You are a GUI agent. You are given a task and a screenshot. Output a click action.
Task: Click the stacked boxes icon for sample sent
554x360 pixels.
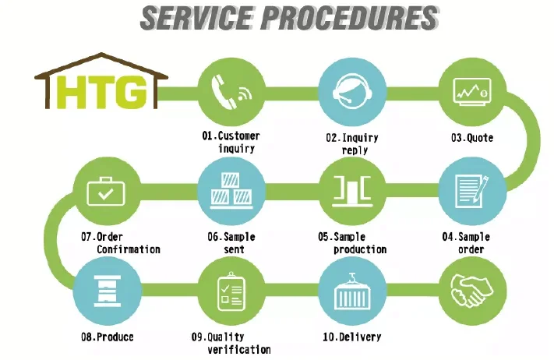(229, 189)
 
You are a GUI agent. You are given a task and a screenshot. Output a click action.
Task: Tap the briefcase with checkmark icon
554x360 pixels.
(106, 189)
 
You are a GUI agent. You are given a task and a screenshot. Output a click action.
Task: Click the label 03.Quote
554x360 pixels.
(471, 138)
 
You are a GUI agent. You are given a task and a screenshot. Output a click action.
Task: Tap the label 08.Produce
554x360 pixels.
(106, 337)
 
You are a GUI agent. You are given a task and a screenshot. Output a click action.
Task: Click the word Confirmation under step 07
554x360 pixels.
(129, 249)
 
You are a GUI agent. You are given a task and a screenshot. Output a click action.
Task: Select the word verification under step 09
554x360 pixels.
(239, 349)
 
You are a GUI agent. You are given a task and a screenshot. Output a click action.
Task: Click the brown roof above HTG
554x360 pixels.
(101, 63)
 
